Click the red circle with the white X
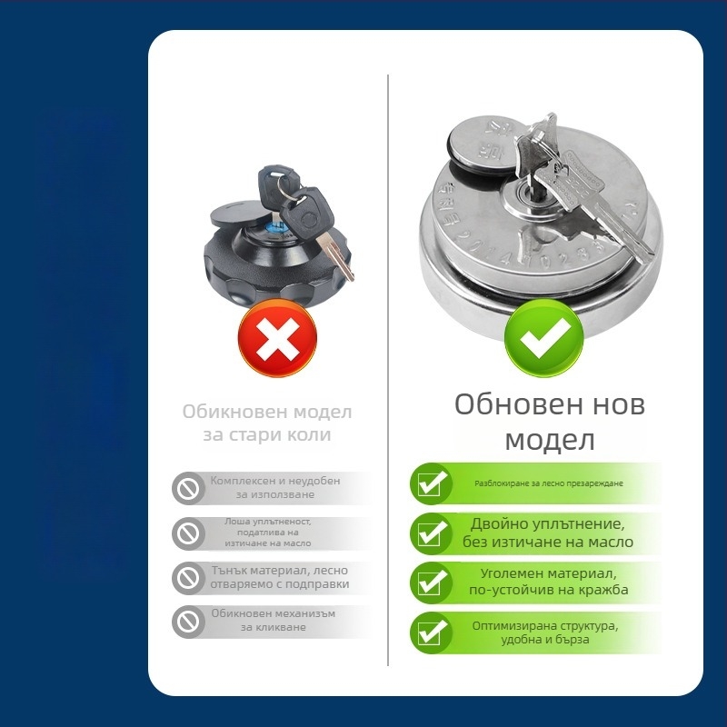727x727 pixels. [277, 337]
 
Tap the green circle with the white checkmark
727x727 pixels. [544, 337]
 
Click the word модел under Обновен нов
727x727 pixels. [550, 441]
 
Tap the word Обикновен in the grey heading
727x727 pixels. [232, 412]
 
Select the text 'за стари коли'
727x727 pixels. [267, 435]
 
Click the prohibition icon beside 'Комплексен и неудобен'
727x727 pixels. [188, 488]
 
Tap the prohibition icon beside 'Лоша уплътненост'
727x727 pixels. [188, 533]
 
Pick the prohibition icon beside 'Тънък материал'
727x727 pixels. [188, 578]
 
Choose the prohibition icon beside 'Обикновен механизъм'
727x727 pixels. [188, 622]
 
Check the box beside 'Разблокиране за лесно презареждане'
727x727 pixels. [431, 484]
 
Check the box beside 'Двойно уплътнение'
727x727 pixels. [431, 534]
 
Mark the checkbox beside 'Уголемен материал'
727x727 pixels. [431, 583]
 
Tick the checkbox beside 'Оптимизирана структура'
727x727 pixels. [431, 632]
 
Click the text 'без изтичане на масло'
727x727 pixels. [548, 542]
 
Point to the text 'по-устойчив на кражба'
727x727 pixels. [549, 590]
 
